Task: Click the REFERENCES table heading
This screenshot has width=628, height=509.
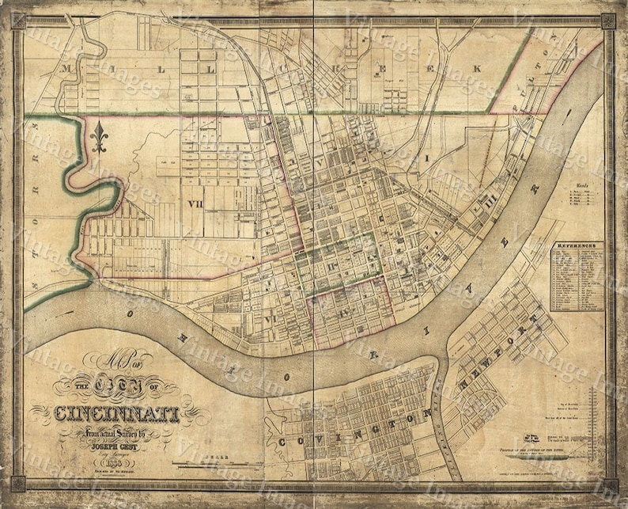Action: click(x=577, y=246)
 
